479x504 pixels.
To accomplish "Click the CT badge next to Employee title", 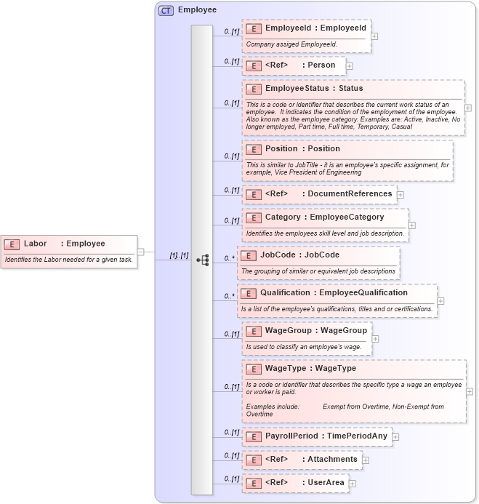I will pyautogui.click(x=166, y=11).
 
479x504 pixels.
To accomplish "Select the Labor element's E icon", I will pyautogui.click(x=12, y=244).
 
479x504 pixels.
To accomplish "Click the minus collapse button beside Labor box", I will pyautogui.click(x=140, y=252).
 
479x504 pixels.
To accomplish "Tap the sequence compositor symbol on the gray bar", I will pyautogui.click(x=203, y=260).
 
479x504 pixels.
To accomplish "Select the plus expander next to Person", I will pyautogui.click(x=350, y=65).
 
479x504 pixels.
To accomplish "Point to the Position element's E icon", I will pyautogui.click(x=254, y=149).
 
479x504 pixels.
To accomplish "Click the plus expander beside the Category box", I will pyautogui.click(x=412, y=225).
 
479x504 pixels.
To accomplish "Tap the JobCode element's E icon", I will pyautogui.click(x=249, y=255).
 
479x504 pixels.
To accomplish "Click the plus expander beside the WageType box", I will pyautogui.click(x=470, y=391).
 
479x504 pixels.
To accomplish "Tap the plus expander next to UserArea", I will pyautogui.click(x=353, y=483).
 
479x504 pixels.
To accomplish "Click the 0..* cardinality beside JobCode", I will pyautogui.click(x=229, y=257).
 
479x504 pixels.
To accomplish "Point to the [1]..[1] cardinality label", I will pyautogui.click(x=179, y=255).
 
